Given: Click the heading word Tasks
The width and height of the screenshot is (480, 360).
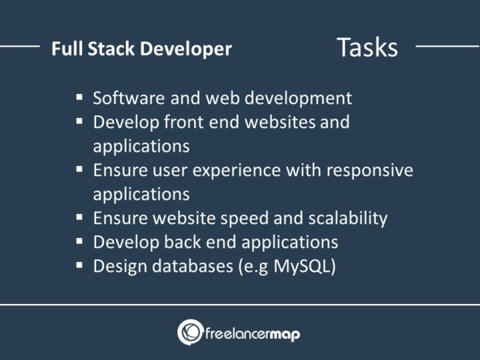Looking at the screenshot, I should coord(367,48).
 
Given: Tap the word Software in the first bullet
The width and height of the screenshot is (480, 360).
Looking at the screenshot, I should coord(123,99).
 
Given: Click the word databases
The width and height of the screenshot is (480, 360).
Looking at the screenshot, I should coord(198,265).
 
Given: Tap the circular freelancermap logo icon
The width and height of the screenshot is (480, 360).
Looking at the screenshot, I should coord(190,332).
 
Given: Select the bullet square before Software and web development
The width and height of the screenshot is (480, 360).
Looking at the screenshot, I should coord(79,97).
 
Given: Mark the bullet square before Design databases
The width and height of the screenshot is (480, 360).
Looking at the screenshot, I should coord(79,265).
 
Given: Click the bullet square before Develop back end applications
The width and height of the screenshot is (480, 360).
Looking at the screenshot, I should coord(79,241).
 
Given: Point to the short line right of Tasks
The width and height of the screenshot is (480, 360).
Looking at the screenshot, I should coord(447,47).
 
